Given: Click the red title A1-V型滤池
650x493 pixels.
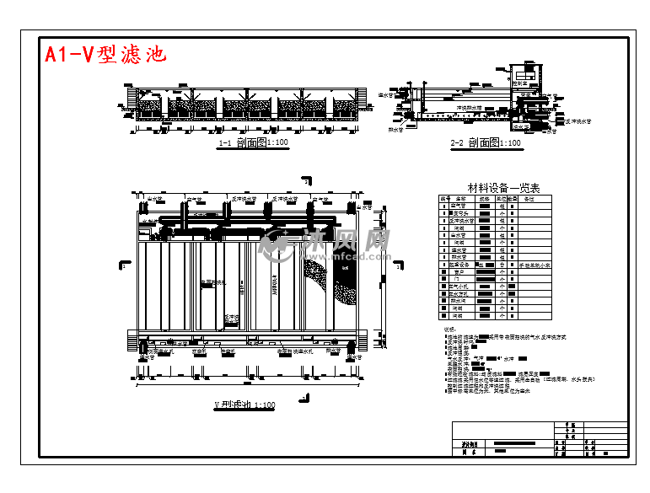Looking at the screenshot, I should [x=106, y=55].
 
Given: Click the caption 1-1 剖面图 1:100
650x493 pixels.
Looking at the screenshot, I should [x=253, y=143].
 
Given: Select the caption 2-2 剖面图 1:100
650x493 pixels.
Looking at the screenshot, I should [x=486, y=143].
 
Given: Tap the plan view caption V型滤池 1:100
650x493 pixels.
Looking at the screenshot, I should [x=244, y=405].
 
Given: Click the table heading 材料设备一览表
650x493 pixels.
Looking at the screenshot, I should [x=503, y=188].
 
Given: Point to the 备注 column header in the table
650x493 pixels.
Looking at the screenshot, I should [x=529, y=199].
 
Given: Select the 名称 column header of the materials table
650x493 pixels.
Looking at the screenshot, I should [x=459, y=199].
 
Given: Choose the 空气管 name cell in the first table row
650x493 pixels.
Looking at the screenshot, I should [x=459, y=206].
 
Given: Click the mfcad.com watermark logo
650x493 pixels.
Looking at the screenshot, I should [x=326, y=244].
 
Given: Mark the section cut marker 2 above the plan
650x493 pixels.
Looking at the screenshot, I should [x=304, y=180].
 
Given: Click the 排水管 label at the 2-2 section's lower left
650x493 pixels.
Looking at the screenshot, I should [x=395, y=130].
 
